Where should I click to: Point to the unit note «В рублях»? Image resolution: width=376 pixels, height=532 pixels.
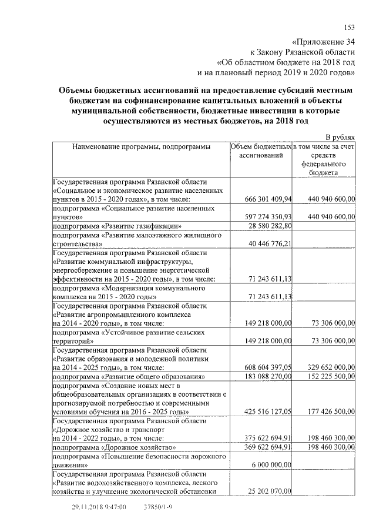pos(340,136)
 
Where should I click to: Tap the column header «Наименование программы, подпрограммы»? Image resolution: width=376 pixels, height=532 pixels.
pos(141,146)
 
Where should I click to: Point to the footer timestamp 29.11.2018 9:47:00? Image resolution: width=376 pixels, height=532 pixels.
pos(99,506)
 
